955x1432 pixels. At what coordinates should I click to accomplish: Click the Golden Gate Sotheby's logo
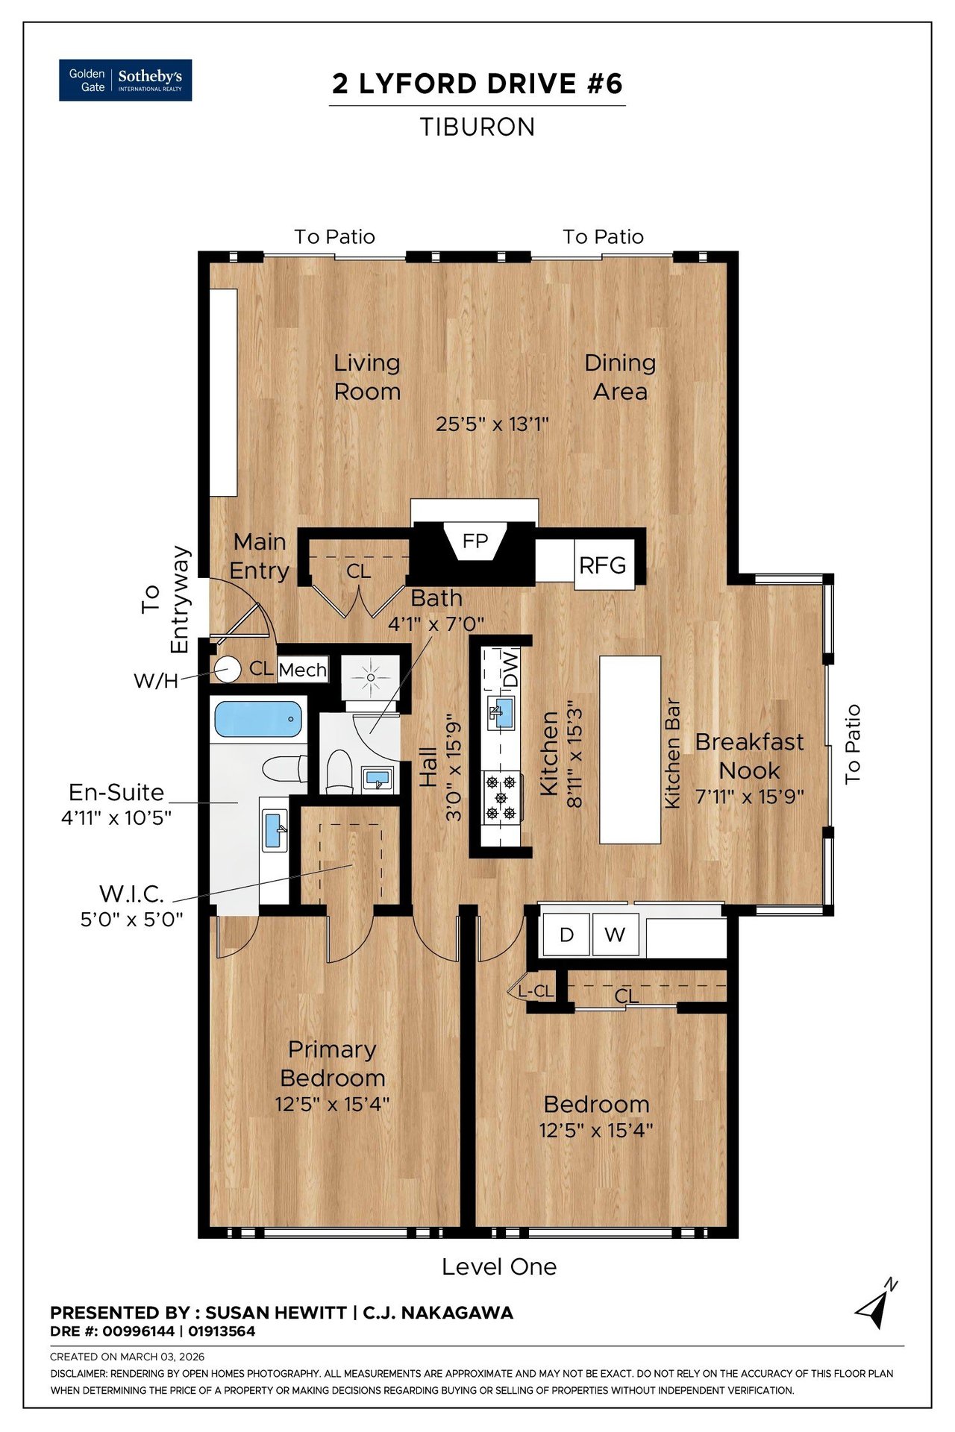(x=125, y=80)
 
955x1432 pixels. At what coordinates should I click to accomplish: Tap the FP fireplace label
(x=475, y=541)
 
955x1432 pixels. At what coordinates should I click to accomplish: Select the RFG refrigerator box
(x=604, y=565)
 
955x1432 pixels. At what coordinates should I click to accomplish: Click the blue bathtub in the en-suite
(x=258, y=719)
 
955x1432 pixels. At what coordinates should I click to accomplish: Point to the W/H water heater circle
(x=228, y=669)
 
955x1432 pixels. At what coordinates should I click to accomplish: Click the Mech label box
(x=303, y=670)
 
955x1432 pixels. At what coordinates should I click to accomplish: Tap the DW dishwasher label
(x=510, y=669)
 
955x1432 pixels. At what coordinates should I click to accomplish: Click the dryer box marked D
(x=566, y=935)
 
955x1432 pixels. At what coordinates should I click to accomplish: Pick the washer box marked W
(x=615, y=935)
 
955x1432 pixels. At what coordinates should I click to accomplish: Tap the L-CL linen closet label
(x=536, y=991)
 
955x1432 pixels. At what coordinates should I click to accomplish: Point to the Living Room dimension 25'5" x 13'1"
(x=492, y=424)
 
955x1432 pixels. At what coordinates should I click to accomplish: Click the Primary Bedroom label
(x=333, y=1064)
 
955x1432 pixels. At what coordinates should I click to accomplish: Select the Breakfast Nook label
(x=750, y=756)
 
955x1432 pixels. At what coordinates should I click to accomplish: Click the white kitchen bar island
(x=630, y=750)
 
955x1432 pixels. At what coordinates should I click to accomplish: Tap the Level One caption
(x=499, y=1266)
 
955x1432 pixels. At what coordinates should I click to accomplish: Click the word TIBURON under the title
(x=477, y=127)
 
